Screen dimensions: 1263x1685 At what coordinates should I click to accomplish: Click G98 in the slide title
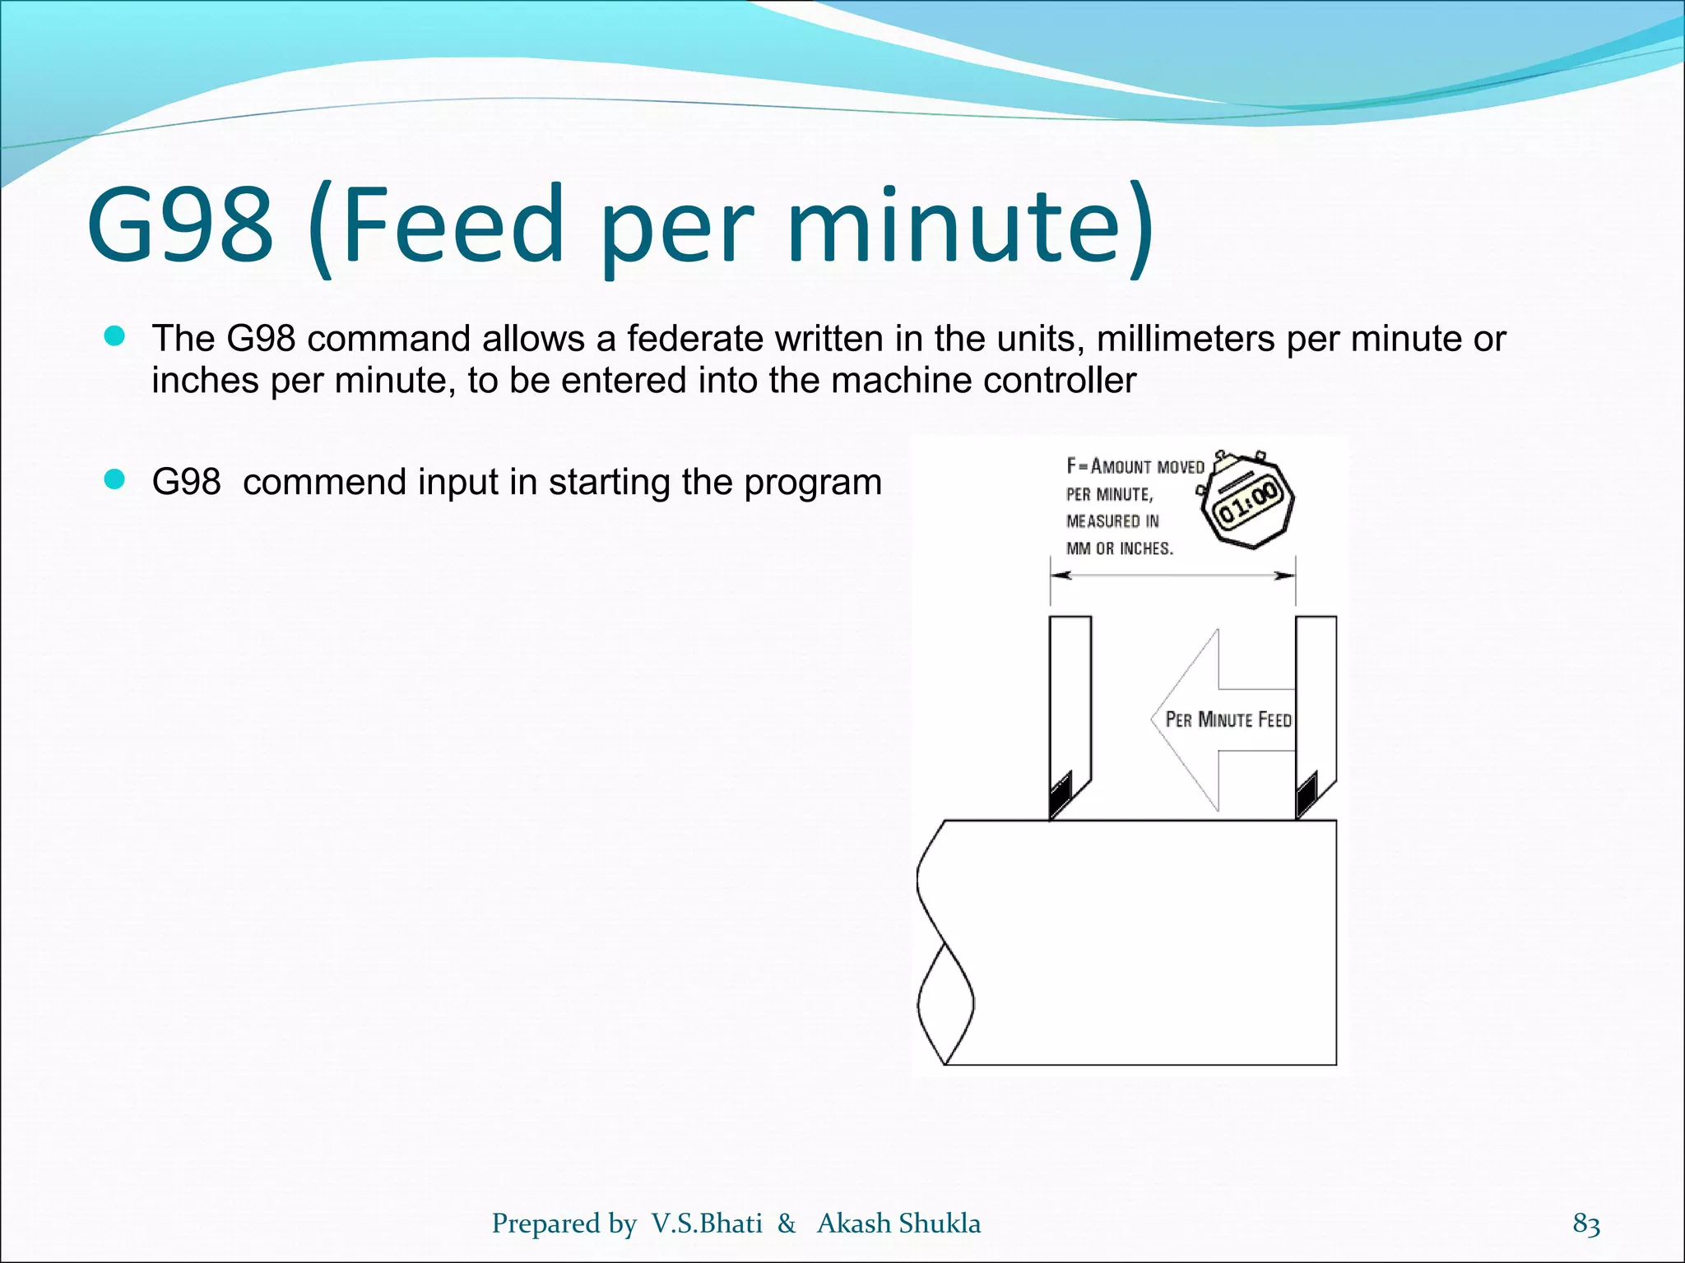click(180, 224)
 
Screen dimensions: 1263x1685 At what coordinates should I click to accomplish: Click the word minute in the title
click(954, 224)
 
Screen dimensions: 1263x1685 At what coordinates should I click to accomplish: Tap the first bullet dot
click(114, 336)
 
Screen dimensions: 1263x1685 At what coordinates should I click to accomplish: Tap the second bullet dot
click(114, 479)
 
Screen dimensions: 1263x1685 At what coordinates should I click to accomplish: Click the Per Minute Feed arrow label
click(1228, 720)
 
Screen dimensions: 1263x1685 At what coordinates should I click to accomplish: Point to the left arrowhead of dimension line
click(1061, 576)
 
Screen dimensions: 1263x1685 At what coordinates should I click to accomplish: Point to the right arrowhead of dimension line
click(1284, 576)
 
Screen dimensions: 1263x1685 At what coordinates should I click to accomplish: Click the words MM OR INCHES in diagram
click(1119, 548)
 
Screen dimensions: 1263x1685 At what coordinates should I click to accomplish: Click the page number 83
click(1586, 1224)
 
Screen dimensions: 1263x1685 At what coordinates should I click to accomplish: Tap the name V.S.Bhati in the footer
click(707, 1224)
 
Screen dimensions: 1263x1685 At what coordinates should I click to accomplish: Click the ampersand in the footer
click(787, 1224)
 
